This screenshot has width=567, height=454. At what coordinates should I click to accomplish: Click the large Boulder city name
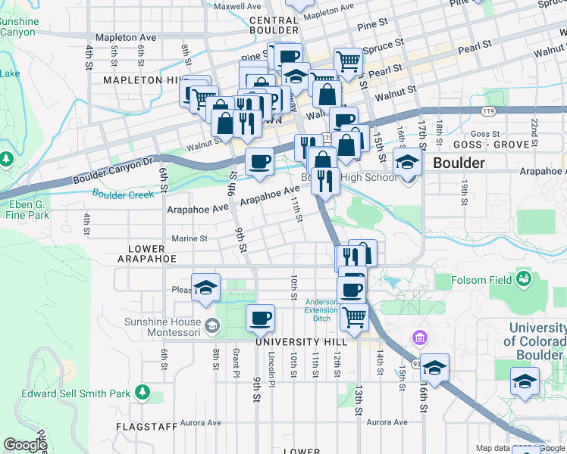pos(459,163)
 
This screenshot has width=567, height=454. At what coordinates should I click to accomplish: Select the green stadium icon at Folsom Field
pos(522,281)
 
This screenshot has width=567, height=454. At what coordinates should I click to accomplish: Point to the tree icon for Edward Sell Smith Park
pos(143,392)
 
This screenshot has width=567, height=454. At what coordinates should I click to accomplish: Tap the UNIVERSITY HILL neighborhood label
pos(294,342)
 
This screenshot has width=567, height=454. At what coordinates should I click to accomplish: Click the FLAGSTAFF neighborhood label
pos(147,427)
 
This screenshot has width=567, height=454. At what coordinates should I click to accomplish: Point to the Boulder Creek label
pos(123,194)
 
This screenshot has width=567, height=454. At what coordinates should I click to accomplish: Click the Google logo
pos(25,445)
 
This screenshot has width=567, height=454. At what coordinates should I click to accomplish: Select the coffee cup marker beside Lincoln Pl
pos(260,318)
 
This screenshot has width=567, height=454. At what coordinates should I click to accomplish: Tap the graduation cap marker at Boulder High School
pos(407,163)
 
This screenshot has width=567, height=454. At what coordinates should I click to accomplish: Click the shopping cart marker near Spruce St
pos(347,61)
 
